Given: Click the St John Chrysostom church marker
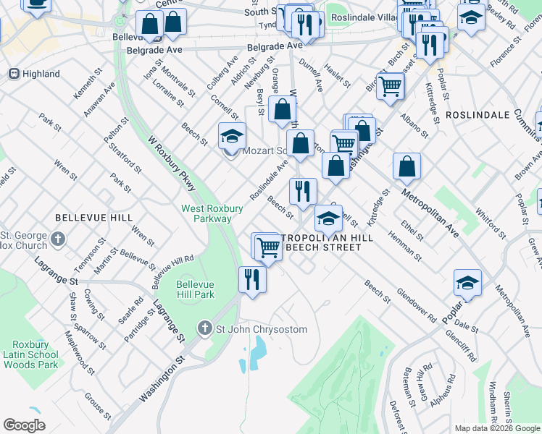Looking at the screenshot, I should [x=205, y=329].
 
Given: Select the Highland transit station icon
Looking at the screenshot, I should [x=13, y=74].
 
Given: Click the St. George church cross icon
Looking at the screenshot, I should [x=59, y=238].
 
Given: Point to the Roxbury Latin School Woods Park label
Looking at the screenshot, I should [x=30, y=354].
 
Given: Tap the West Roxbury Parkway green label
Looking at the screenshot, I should [x=206, y=213].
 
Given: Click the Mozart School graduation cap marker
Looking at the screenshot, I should [x=231, y=136].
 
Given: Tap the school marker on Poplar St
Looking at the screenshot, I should [x=468, y=283].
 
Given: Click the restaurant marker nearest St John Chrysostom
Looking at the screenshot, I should [x=251, y=279].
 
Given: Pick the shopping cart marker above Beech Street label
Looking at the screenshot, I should [x=267, y=247].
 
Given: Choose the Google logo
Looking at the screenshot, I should [x=24, y=425].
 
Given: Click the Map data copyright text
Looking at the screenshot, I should [x=497, y=428].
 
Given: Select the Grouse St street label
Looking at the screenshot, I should [x=97, y=407].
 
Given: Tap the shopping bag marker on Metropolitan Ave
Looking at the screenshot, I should [x=407, y=166].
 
